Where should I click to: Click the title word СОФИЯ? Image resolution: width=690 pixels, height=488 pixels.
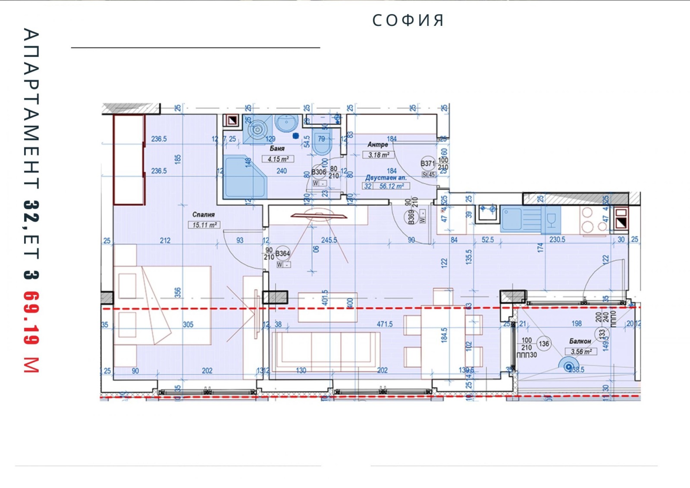(x=408, y=20)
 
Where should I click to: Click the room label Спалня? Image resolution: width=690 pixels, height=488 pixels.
(x=203, y=214)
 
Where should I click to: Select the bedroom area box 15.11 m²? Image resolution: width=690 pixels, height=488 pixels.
(x=204, y=225)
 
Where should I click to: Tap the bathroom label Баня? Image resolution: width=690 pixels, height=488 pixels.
(x=277, y=148)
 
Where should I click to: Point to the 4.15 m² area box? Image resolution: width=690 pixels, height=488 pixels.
(x=278, y=159)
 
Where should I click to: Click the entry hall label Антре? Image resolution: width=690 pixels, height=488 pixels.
(x=377, y=145)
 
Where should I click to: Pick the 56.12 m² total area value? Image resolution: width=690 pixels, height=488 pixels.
(x=391, y=186)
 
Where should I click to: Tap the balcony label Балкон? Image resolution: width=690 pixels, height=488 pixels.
(x=580, y=341)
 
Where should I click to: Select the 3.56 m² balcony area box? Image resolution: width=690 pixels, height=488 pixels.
(x=581, y=351)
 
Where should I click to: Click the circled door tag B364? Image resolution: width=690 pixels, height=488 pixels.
(x=282, y=253)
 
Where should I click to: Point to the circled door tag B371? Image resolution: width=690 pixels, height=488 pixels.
(x=428, y=163)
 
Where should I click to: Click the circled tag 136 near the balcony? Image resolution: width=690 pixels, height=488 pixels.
(x=544, y=343)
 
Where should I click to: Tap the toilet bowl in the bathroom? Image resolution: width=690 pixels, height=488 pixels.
(x=321, y=145)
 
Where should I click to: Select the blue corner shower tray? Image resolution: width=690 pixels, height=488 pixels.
(x=245, y=177)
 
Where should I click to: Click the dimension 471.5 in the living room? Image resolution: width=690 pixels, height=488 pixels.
(x=384, y=324)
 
